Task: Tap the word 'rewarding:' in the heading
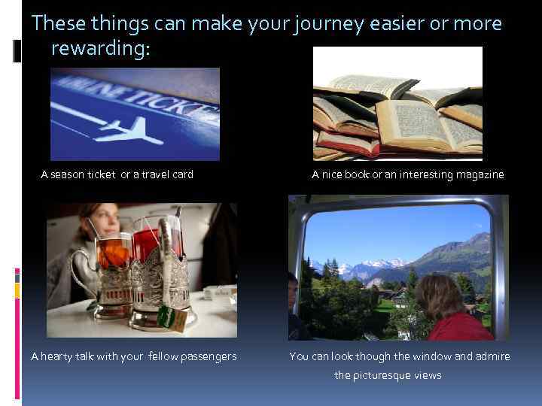coord(101,50)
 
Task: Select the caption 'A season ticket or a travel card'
coord(117,174)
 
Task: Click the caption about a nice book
coord(408,174)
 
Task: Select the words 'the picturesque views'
coord(388,374)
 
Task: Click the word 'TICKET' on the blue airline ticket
coord(173,101)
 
